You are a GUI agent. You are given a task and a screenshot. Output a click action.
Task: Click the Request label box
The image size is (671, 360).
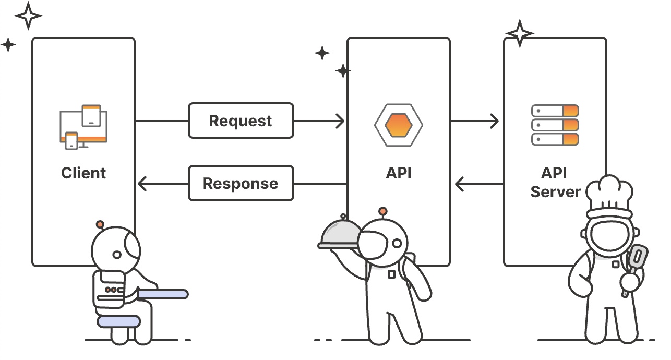click(x=241, y=121)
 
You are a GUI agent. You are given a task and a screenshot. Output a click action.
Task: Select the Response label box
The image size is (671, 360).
click(x=241, y=183)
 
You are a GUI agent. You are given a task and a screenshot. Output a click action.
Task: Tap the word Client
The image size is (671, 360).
click(x=83, y=173)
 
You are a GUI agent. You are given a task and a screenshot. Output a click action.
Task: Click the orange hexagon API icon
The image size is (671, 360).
click(x=399, y=125)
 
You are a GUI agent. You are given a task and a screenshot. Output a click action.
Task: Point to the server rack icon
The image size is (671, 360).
click(x=555, y=125)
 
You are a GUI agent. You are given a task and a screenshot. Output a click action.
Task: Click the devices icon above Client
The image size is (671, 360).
click(x=83, y=127)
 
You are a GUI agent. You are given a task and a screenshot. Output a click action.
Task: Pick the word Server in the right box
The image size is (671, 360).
click(x=555, y=191)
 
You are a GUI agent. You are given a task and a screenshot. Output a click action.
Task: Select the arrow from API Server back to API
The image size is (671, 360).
click(x=479, y=184)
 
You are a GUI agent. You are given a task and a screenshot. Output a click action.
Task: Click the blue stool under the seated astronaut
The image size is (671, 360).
click(x=119, y=321)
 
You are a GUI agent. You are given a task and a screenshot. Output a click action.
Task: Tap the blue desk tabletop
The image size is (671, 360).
click(x=162, y=294)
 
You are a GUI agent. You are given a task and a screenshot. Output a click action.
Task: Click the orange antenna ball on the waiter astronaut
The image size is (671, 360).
click(x=383, y=211)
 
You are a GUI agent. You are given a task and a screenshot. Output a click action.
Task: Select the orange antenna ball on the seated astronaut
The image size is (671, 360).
click(x=100, y=224)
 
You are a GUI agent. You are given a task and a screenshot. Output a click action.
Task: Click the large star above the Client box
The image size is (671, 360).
click(x=28, y=15)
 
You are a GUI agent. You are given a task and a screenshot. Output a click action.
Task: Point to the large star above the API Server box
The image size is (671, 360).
click(x=519, y=33)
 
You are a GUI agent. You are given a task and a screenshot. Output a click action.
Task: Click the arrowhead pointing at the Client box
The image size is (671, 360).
click(x=142, y=184)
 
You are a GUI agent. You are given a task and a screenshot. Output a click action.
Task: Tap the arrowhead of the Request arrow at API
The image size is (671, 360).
click(x=340, y=121)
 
